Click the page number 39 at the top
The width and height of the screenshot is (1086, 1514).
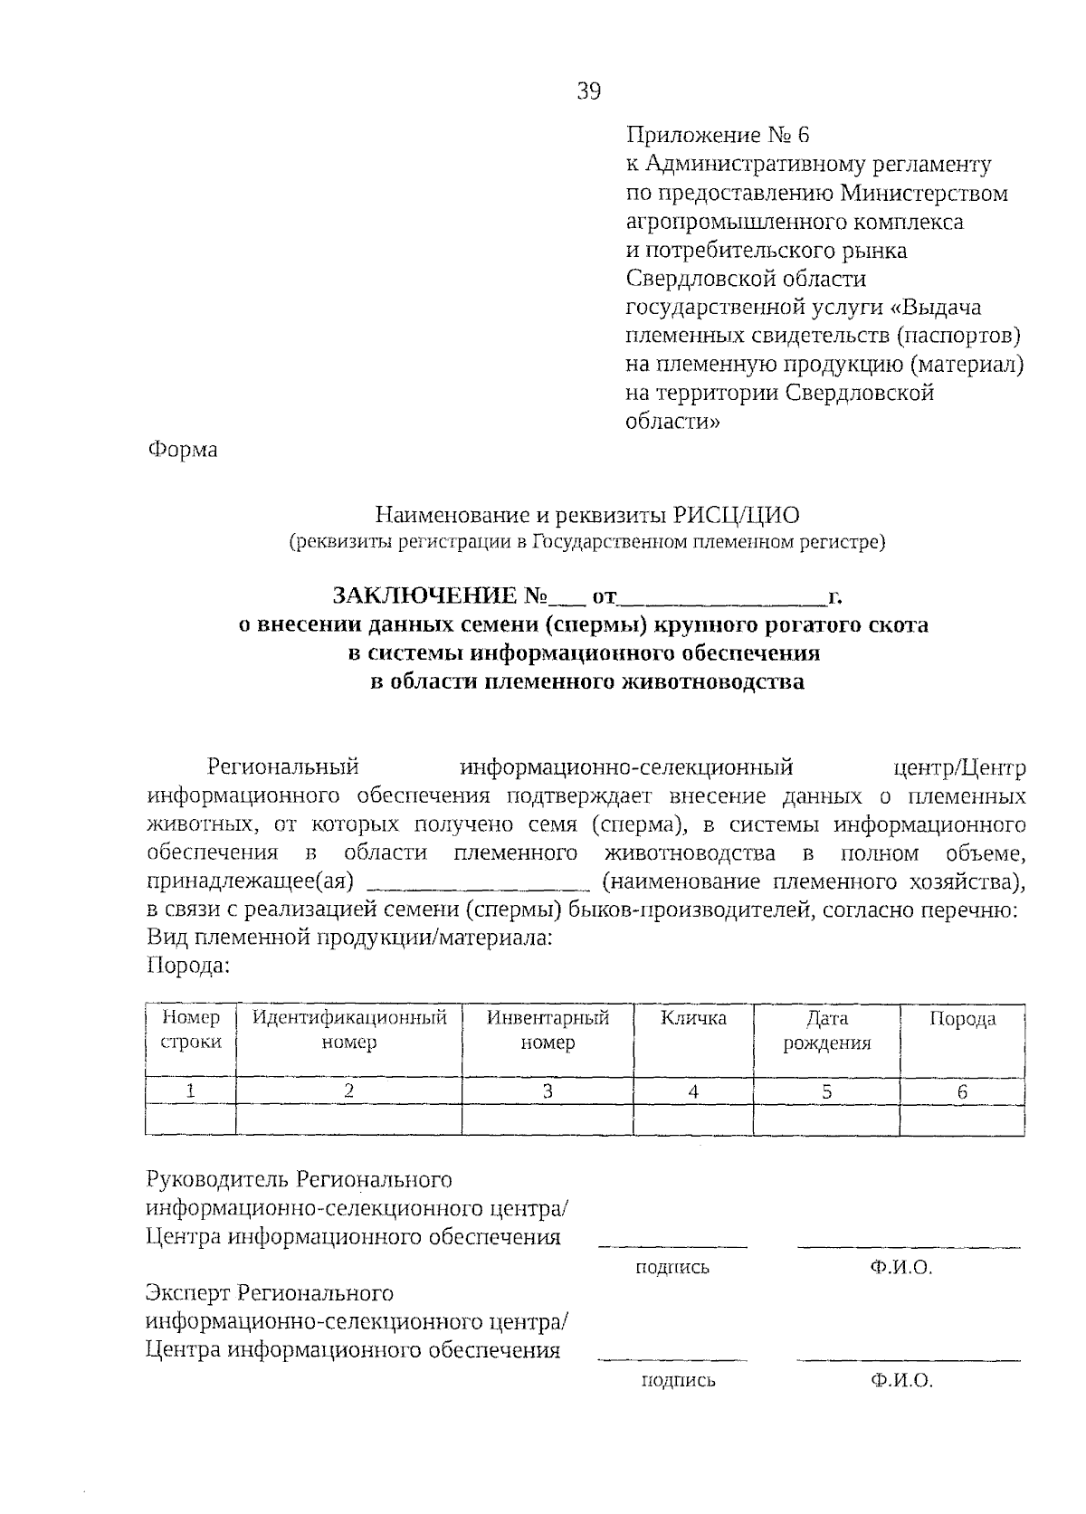(x=588, y=91)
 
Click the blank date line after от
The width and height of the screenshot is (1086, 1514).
(x=721, y=598)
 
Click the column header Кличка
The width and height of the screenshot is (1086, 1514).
(x=693, y=1018)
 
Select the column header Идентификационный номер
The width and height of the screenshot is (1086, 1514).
(x=349, y=1030)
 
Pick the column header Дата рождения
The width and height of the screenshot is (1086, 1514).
(x=826, y=1031)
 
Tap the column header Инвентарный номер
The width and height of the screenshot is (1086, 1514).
(x=548, y=1030)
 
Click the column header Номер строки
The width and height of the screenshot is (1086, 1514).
(x=190, y=1030)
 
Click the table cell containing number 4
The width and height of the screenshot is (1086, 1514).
(x=693, y=1091)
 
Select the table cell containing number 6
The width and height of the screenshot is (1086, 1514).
(x=962, y=1091)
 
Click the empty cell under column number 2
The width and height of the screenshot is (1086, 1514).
(x=349, y=1120)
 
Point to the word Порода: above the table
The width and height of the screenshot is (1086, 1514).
(x=188, y=966)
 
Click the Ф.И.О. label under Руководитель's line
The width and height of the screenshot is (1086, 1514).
(x=900, y=1268)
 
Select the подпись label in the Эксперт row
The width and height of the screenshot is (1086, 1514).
(x=677, y=1381)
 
